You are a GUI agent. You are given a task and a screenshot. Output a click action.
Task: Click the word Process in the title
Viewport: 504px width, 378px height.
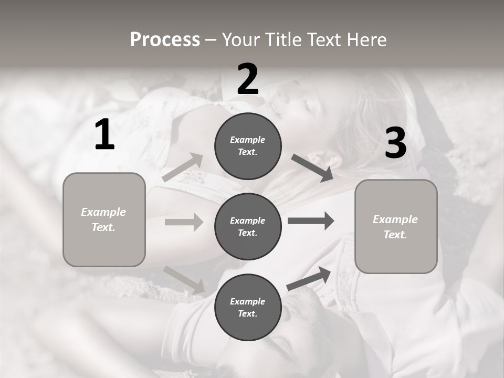(165, 39)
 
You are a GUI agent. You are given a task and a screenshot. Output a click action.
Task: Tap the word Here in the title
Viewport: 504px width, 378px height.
(366, 39)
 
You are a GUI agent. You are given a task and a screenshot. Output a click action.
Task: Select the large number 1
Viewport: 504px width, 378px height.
(104, 135)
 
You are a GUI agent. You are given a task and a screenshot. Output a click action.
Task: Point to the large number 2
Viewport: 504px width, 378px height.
(248, 79)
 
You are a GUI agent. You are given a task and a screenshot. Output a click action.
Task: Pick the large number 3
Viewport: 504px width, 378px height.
(395, 143)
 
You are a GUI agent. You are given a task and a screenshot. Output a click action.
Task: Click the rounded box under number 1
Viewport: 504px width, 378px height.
(104, 219)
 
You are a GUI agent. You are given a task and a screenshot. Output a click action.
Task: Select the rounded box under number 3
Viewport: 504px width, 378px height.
(396, 226)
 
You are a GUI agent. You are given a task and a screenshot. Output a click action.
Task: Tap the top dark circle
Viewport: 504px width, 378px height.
(248, 146)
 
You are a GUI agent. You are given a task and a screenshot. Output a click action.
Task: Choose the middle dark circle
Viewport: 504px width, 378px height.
(248, 226)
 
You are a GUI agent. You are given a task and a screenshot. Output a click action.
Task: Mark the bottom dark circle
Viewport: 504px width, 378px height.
(248, 307)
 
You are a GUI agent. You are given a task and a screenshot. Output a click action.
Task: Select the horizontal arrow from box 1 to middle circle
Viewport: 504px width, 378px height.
(184, 222)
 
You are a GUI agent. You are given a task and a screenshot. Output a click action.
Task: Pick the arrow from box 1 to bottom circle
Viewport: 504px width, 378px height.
(184, 279)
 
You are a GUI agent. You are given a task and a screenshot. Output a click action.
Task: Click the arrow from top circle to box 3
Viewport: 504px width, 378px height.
(312, 168)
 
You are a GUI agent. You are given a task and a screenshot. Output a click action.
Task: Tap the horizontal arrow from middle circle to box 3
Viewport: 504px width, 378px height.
(311, 220)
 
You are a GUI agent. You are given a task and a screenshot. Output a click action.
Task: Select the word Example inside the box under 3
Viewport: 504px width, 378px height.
(395, 219)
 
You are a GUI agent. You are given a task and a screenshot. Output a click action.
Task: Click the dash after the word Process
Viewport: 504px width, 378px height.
(211, 39)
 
